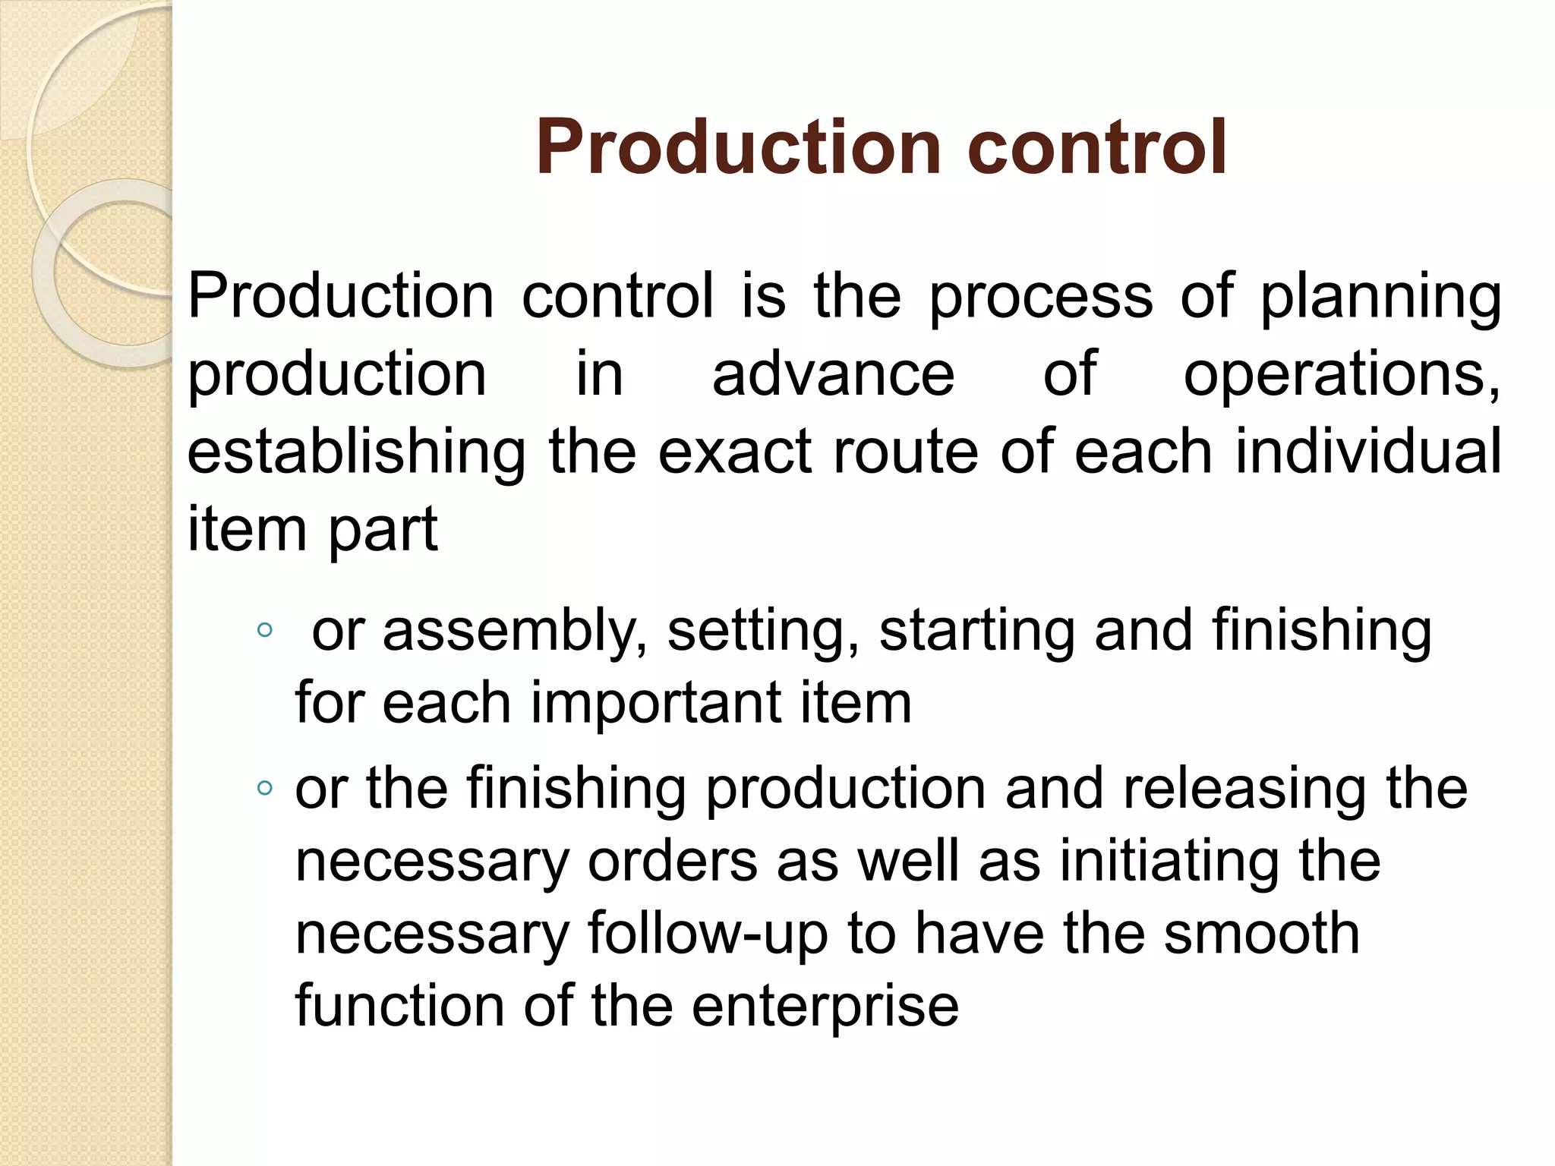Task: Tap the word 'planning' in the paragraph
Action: coord(1380,298)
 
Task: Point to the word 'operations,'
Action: coord(1342,376)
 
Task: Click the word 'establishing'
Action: coord(356,453)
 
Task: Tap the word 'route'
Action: coord(905,452)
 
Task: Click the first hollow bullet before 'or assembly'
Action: coord(264,629)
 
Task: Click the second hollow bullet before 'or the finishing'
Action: coord(264,788)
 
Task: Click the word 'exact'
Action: coord(735,452)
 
